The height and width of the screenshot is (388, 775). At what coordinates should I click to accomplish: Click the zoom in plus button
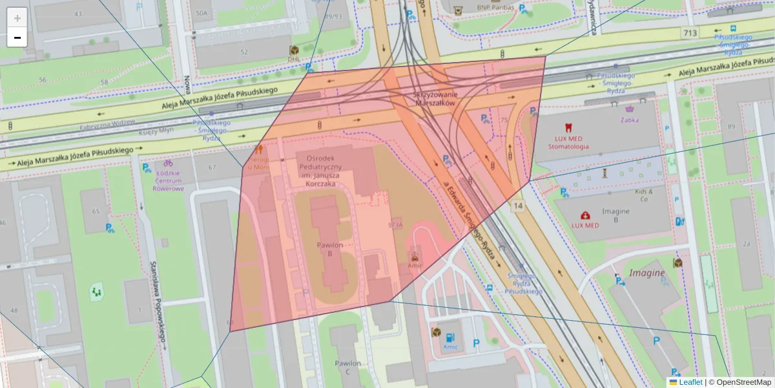click(17, 17)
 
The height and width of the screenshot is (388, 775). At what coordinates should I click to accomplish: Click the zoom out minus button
click(17, 38)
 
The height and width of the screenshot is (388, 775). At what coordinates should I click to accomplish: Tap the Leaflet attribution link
click(690, 382)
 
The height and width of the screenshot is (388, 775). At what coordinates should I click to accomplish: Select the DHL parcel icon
click(294, 50)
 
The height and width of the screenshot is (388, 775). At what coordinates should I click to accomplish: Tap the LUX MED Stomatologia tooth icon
click(568, 128)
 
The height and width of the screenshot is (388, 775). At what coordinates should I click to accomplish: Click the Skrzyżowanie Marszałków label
click(434, 99)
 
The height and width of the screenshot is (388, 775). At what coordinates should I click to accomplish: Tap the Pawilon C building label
click(347, 367)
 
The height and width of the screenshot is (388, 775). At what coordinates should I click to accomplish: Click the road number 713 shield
click(691, 32)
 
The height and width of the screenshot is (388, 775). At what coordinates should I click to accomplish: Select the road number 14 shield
click(518, 206)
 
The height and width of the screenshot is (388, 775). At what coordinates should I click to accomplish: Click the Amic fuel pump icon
click(449, 337)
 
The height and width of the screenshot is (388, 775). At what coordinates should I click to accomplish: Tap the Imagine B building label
click(615, 215)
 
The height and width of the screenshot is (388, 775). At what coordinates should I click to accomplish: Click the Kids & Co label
click(643, 195)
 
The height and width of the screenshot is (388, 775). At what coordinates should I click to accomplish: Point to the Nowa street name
click(187, 85)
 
